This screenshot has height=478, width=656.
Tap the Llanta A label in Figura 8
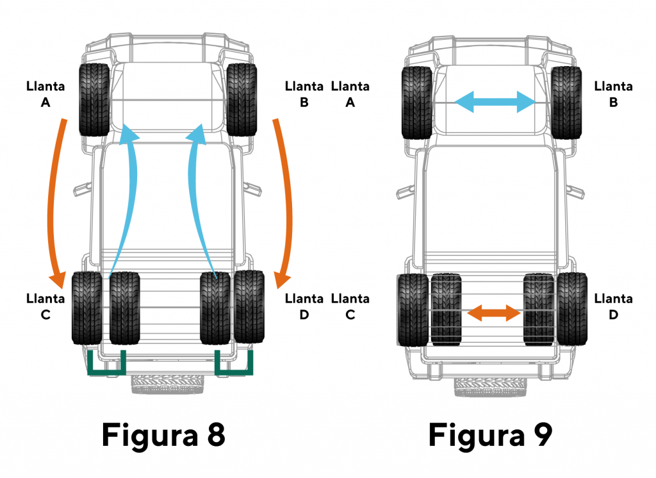click(45, 94)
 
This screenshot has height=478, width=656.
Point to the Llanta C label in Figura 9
click(350, 306)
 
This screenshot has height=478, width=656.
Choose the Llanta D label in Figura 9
click(614, 306)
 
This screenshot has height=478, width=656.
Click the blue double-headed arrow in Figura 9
click(494, 101)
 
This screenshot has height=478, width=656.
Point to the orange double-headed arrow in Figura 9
click(493, 313)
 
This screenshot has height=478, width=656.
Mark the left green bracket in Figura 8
click(106, 366)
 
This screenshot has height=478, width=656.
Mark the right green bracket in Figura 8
click(233, 366)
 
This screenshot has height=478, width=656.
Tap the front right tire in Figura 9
click(566, 103)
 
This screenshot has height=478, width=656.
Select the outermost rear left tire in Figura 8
click(86, 308)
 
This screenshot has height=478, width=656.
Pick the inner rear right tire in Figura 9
click(537, 309)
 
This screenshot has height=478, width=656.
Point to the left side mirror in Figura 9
click(404, 190)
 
